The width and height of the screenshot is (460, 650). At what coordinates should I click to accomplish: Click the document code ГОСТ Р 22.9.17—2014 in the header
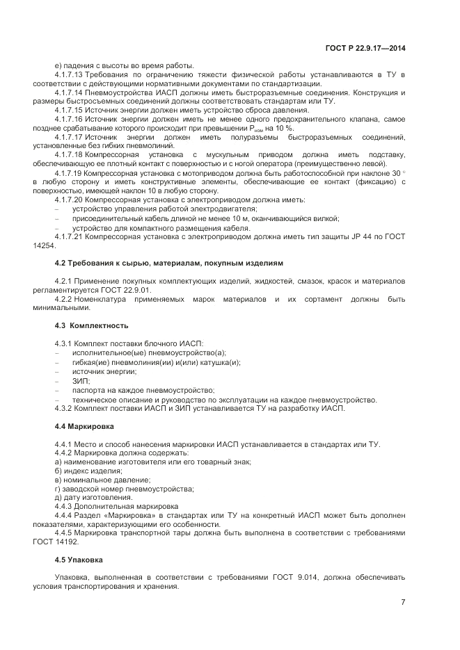(365, 48)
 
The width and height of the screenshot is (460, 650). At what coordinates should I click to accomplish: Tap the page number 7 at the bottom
(403, 602)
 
